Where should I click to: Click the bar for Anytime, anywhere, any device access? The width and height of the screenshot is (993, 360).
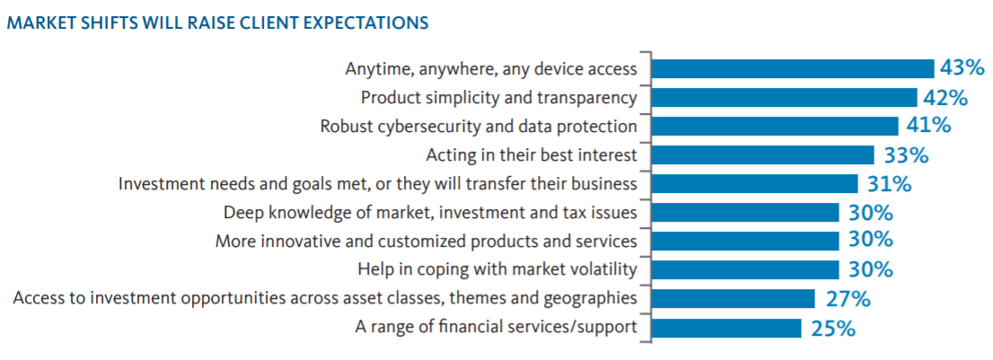(x=793, y=68)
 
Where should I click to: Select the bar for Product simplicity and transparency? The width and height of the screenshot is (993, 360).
(x=784, y=98)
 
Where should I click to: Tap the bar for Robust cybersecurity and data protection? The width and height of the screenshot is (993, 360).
(x=775, y=126)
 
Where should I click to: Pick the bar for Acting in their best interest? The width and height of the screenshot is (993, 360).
(x=762, y=155)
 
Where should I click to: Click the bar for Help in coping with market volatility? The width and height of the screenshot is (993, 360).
(x=745, y=269)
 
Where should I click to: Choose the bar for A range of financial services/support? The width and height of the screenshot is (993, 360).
(x=726, y=328)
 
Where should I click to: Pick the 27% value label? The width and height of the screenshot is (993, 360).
(x=848, y=298)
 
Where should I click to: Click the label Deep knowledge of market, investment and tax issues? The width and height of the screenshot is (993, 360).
(x=430, y=213)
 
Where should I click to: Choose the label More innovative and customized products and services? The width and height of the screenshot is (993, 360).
(x=426, y=241)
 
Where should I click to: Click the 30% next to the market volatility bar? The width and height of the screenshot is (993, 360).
(x=872, y=269)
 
